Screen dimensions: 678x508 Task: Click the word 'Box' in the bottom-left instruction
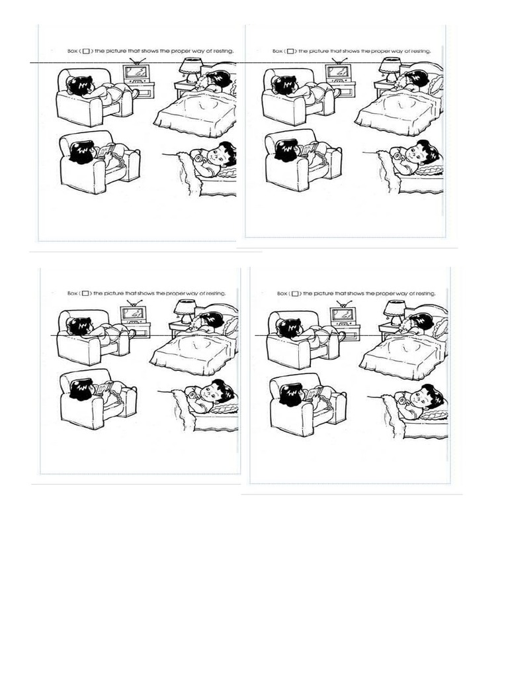[73, 293]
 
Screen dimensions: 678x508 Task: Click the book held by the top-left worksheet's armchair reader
[108, 151]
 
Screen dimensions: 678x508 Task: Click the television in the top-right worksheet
[340, 72]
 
